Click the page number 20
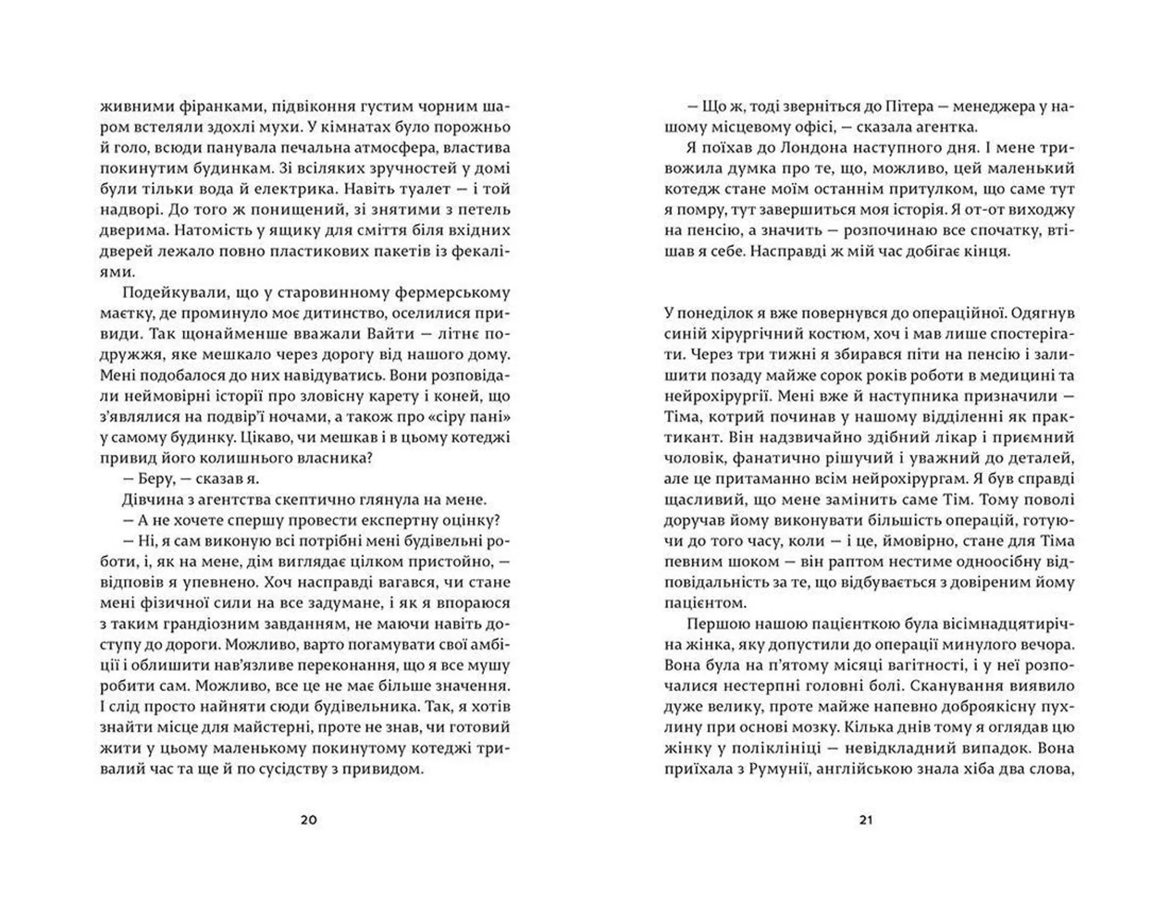click(x=309, y=820)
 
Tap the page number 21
click(x=866, y=820)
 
